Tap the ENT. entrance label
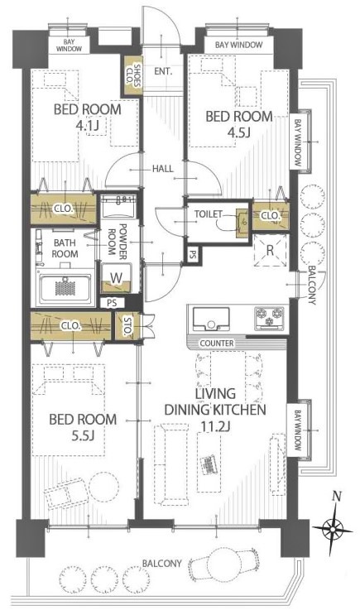163,71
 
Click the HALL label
163,169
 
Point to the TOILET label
209,214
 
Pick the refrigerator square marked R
270,251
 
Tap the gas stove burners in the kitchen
269,316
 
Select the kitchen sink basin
211,319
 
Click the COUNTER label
217,344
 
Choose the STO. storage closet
127,326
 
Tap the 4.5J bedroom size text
239,133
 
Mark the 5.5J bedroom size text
83,435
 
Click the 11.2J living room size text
215,427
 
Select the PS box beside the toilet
193,254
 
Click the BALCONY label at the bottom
161,564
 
